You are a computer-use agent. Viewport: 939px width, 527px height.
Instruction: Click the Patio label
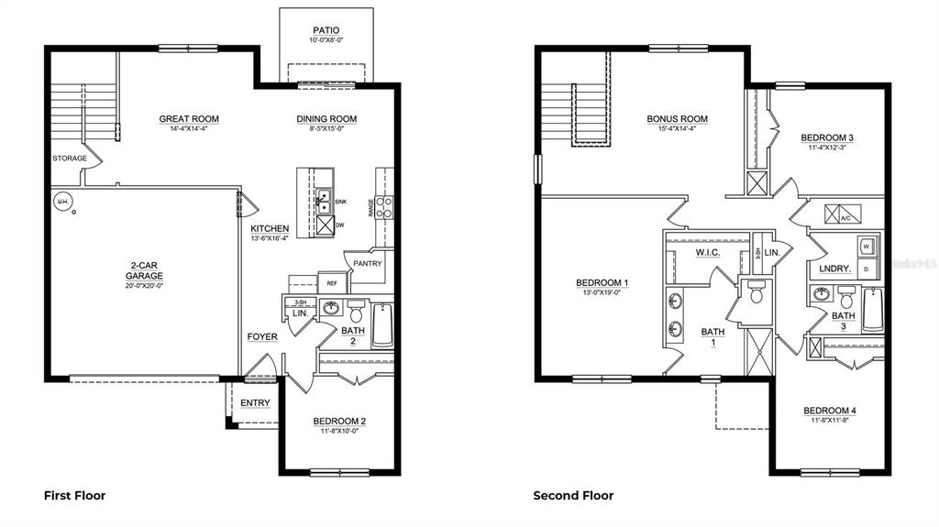(x=326, y=30)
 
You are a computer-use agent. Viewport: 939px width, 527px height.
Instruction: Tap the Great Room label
(x=189, y=118)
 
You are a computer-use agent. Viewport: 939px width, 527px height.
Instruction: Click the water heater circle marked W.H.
(x=62, y=202)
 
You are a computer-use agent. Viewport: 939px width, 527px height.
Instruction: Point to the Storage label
(x=70, y=159)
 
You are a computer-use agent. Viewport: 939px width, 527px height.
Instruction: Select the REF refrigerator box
(x=328, y=283)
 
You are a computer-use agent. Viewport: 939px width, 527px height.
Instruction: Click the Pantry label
(x=367, y=264)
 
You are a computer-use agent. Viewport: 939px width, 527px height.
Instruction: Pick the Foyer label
(x=262, y=336)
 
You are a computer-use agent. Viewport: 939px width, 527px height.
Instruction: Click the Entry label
(x=255, y=403)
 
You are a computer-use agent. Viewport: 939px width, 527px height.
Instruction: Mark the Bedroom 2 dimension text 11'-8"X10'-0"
(x=339, y=432)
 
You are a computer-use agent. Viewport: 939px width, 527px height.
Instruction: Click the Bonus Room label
(x=677, y=118)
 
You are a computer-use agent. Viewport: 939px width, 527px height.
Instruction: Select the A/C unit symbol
(x=837, y=214)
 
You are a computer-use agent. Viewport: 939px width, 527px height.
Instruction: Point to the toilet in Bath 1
(x=757, y=293)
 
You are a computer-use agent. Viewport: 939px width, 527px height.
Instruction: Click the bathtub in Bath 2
(x=381, y=325)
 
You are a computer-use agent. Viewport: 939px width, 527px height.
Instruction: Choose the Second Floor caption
(x=573, y=496)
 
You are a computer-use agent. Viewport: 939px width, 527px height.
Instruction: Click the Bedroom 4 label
(x=828, y=410)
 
